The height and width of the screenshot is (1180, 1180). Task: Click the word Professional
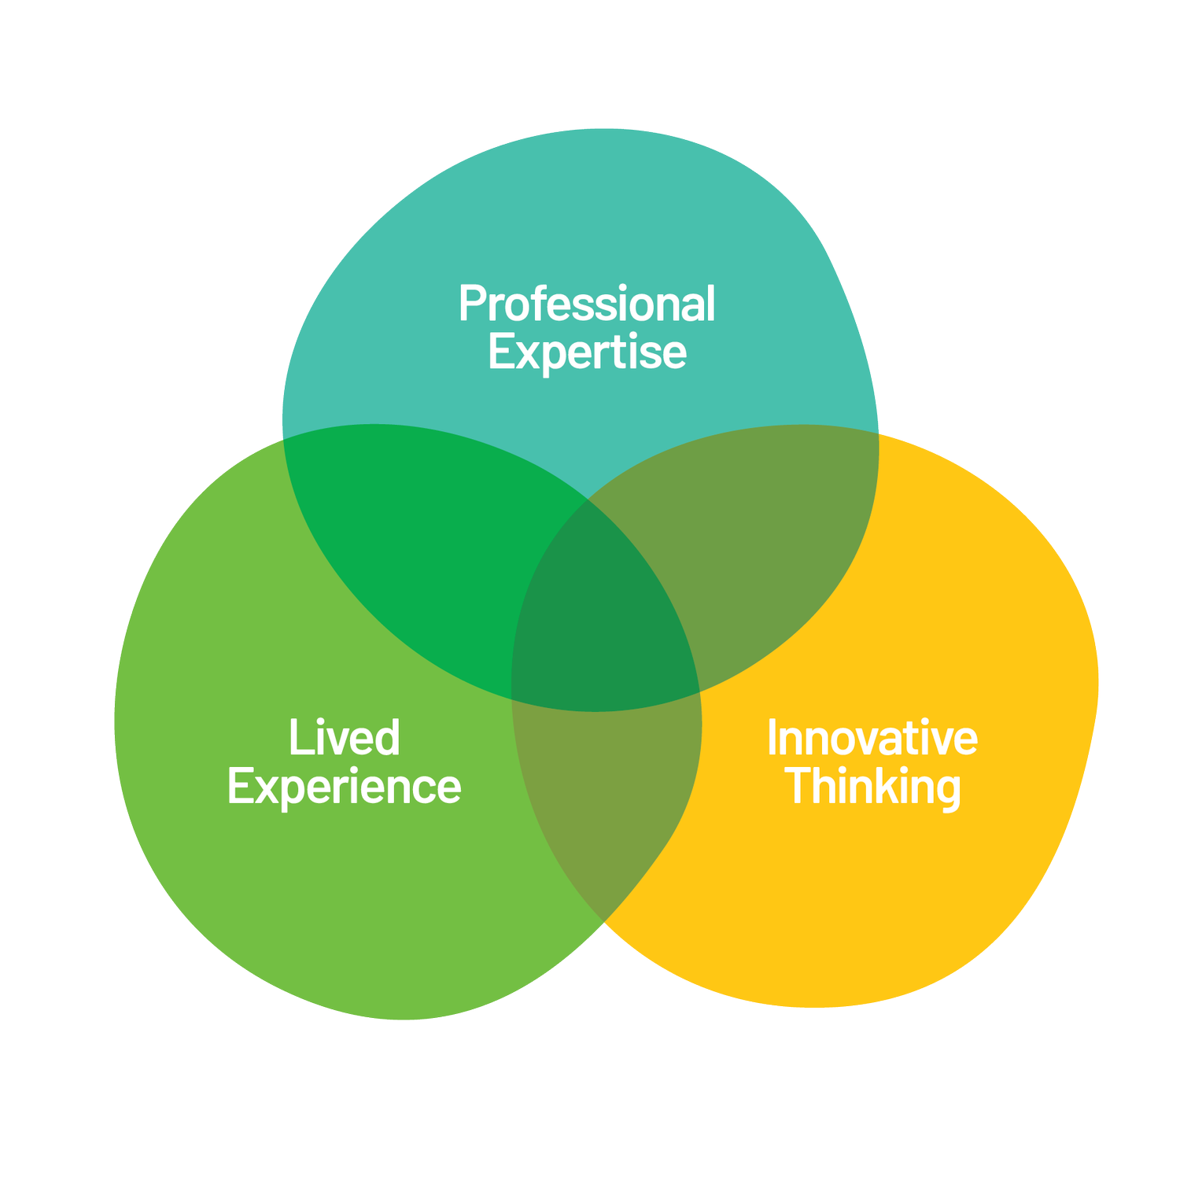587,304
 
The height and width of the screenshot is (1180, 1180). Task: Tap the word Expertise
587,352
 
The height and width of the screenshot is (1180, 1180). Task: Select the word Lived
345,738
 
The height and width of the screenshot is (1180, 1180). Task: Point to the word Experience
345,787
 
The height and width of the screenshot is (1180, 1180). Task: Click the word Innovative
872,738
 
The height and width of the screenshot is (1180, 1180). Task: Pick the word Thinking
873,787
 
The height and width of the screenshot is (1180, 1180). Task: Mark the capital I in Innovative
773,738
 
